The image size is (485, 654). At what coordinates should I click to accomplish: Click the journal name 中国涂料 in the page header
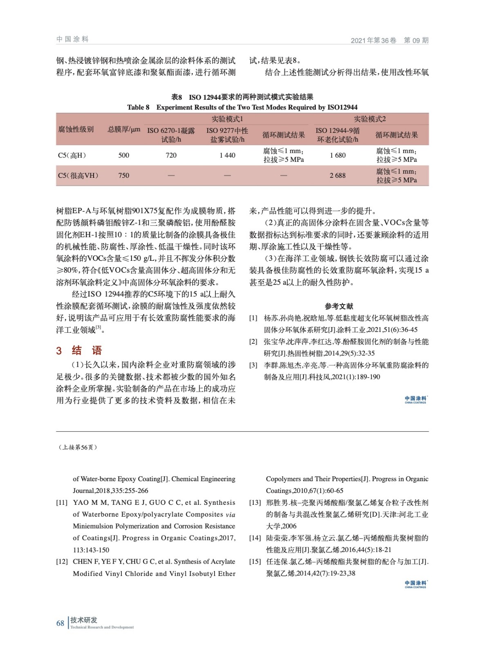pyautogui.click(x=72, y=39)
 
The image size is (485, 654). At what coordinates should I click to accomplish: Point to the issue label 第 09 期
pyautogui.click(x=416, y=40)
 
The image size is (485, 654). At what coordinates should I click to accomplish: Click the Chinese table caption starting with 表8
pyautogui.click(x=242, y=97)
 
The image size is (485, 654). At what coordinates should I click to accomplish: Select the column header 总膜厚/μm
pyautogui.click(x=124, y=130)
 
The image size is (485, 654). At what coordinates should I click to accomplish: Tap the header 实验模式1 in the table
pyautogui.click(x=227, y=119)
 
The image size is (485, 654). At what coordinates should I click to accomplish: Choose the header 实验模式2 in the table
pyautogui.click(x=369, y=119)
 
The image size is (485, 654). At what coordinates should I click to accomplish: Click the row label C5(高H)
pyautogui.click(x=72, y=155)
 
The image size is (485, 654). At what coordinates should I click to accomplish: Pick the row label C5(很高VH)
pyautogui.click(x=78, y=175)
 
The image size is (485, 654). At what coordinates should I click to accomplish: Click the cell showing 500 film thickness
pyautogui.click(x=124, y=155)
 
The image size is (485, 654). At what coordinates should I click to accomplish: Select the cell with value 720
pyautogui.click(x=171, y=155)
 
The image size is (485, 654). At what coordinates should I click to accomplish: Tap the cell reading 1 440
pyautogui.click(x=227, y=155)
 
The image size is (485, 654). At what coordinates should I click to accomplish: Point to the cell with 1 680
pyautogui.click(x=337, y=155)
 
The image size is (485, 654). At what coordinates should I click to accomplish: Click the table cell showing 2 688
pyautogui.click(x=337, y=175)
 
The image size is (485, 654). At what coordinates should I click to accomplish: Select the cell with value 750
pyautogui.click(x=124, y=175)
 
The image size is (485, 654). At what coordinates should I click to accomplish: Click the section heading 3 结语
pyautogui.click(x=79, y=350)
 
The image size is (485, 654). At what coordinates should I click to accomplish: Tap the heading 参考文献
pyautogui.click(x=339, y=306)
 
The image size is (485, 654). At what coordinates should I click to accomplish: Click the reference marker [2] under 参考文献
pyautogui.click(x=253, y=342)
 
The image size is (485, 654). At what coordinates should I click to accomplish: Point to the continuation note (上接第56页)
pyautogui.click(x=78, y=447)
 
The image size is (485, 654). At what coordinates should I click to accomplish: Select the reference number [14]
pyautogui.click(x=255, y=538)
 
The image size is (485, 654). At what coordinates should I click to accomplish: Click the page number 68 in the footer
pyautogui.click(x=60, y=623)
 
